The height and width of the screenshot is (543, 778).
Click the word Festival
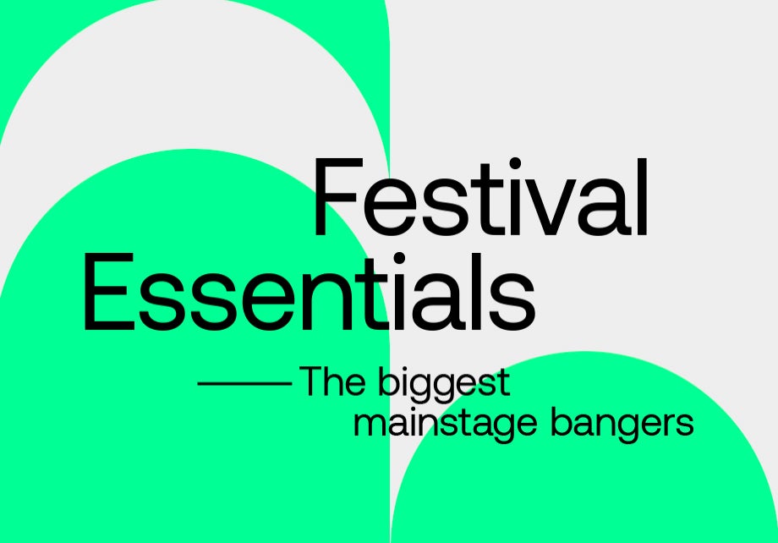click(x=480, y=197)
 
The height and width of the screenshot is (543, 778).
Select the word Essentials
click(x=310, y=292)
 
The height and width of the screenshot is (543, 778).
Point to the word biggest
click(x=444, y=384)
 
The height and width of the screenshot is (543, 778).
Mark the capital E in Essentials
click(x=109, y=291)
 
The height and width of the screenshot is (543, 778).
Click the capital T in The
click(x=312, y=381)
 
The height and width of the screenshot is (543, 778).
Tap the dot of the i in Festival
click(x=515, y=162)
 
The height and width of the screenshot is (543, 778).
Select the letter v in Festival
click(x=551, y=206)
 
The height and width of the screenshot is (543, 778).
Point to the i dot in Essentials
click(x=400, y=258)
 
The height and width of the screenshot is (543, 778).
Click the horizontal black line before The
click(x=244, y=383)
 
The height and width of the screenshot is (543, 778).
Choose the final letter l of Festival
click(x=643, y=196)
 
